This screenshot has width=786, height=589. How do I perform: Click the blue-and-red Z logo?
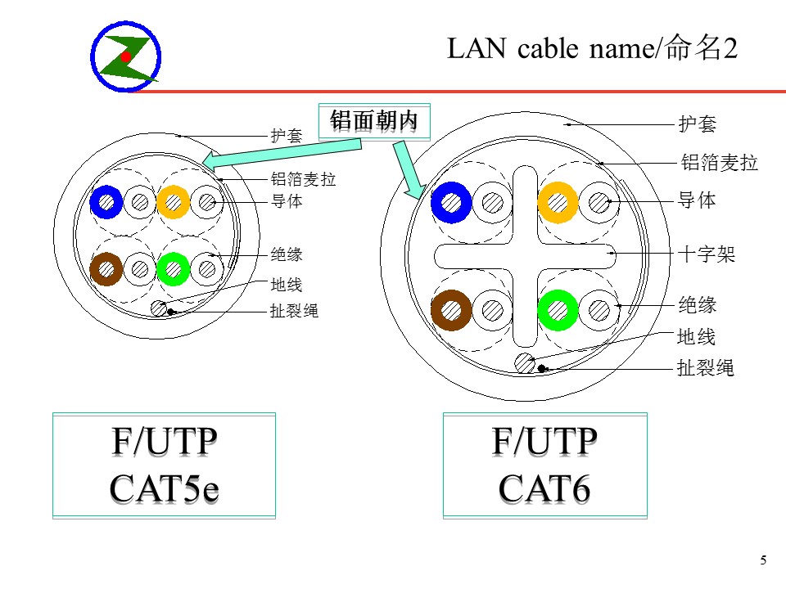126,56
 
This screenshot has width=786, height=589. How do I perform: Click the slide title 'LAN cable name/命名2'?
592,48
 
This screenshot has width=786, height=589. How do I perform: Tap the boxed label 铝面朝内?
374,121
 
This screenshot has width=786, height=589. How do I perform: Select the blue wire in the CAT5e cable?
106,202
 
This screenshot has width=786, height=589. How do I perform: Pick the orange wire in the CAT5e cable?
174,202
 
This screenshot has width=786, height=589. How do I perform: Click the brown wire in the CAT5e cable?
106,269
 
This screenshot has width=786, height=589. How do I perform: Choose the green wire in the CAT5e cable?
174,269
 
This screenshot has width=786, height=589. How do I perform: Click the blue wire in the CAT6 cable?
451,202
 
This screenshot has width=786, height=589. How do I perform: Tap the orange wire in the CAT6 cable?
558,202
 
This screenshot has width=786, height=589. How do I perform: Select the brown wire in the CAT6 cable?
451,310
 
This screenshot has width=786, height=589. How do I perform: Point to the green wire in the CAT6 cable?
558,310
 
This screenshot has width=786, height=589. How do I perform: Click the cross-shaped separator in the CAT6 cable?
526,256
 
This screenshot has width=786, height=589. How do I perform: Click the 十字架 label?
707,254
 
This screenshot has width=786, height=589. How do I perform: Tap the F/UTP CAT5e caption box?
164,465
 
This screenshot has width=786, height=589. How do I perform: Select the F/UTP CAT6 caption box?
545,465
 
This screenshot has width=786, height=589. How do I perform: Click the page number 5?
763,560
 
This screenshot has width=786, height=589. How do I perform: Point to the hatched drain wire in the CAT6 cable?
525,363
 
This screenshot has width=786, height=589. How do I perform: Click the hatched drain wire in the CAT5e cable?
159,308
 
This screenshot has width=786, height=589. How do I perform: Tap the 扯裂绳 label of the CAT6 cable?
705,367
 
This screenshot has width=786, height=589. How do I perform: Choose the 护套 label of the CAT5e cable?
287,135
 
